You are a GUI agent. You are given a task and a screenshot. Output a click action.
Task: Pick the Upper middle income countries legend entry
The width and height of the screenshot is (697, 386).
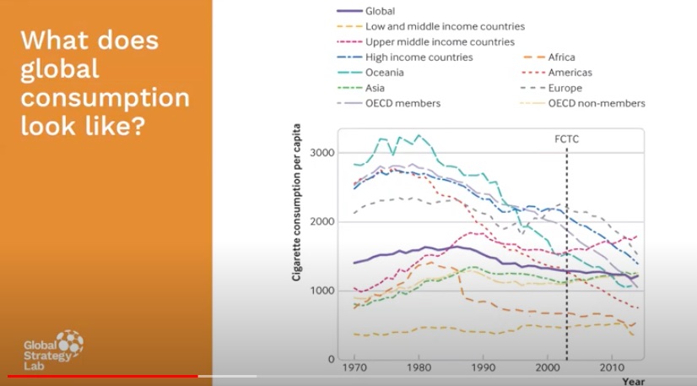pos(440,42)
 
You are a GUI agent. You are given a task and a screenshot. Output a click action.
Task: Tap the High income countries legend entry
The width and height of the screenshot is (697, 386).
pos(419,57)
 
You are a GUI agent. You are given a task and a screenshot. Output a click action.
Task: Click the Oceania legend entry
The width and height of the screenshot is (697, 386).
pos(385,73)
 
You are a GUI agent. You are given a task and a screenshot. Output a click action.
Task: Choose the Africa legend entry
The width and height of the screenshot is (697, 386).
pos(561,57)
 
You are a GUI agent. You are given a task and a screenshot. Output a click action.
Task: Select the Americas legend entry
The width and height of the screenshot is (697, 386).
pos(569,73)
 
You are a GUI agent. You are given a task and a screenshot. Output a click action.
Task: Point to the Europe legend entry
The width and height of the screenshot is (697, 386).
pos(565,88)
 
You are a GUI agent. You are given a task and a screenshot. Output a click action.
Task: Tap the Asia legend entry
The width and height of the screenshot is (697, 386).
pos(376,88)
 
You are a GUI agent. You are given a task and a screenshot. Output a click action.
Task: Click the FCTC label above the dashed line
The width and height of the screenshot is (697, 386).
pos(566,138)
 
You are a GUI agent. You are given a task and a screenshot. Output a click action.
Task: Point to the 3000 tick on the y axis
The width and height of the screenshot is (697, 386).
pos(321,153)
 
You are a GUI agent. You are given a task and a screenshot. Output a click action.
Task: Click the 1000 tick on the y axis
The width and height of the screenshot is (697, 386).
pos(321,291)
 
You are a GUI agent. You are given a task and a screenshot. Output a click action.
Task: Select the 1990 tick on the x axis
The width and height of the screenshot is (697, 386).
pos(482,369)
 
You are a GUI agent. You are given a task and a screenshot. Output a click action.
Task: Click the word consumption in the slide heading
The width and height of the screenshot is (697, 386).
pos(105,99)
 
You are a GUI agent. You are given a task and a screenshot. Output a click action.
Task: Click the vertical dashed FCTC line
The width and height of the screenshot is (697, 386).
pos(566,253)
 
